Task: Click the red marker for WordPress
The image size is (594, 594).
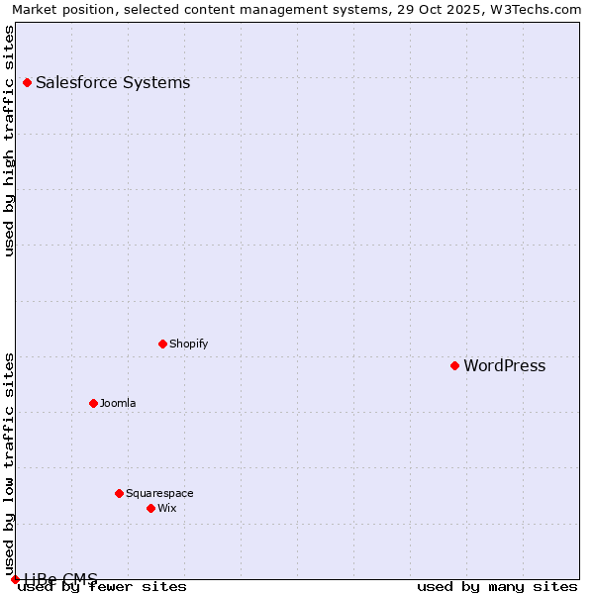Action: pos(454,365)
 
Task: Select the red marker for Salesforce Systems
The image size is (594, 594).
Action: pos(27,82)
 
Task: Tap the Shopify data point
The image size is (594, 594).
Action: pos(162,344)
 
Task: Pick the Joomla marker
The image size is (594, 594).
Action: pos(93,403)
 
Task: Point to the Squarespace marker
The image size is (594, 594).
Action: pos(119,493)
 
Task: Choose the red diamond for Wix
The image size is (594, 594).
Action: pos(150,508)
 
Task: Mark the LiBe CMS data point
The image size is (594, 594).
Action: pos(15,579)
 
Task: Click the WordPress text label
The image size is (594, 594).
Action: pos(504,365)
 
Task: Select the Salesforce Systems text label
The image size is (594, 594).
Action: pos(113,82)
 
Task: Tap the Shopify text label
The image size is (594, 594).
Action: pos(188,344)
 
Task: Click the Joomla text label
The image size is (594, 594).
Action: pos(118,403)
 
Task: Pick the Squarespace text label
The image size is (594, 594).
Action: pos(159,493)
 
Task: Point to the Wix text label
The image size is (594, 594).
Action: pos(166,508)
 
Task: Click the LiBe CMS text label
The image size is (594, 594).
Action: pos(61,578)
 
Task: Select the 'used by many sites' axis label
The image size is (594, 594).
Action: pos(497,586)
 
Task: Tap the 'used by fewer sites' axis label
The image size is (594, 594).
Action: pos(103,586)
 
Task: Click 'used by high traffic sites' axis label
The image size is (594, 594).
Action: pos(10,141)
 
